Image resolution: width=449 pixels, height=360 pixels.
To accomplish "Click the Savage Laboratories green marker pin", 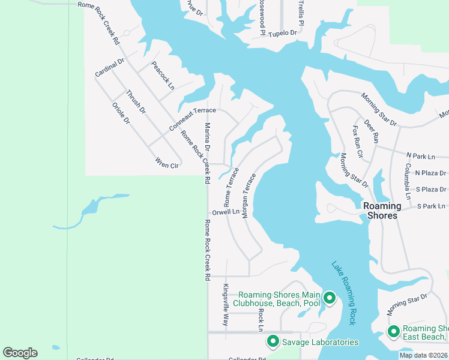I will click(x=273, y=341).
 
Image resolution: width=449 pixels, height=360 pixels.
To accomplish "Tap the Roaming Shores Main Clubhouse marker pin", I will click(x=329, y=298).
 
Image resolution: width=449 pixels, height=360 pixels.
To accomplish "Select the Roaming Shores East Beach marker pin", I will click(x=394, y=331).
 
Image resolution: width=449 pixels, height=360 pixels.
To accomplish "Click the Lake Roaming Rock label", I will click(x=345, y=293).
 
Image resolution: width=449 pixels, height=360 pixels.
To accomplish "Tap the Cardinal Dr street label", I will click(x=109, y=67).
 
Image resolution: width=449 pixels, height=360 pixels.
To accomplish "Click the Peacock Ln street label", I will click(x=163, y=76).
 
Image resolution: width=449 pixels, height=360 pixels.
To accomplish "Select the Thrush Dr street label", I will click(x=136, y=101).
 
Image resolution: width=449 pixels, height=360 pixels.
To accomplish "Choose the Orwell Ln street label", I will click(x=225, y=212).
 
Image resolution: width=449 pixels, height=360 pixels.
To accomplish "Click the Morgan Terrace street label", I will click(x=249, y=195).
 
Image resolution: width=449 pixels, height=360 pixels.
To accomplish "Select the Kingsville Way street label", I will click(x=226, y=304).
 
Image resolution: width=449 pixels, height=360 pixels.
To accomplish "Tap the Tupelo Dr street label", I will click(x=282, y=34).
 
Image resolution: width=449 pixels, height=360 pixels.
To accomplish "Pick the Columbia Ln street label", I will click(x=407, y=181).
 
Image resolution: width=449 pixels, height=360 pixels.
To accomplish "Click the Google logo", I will click(x=20, y=353).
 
